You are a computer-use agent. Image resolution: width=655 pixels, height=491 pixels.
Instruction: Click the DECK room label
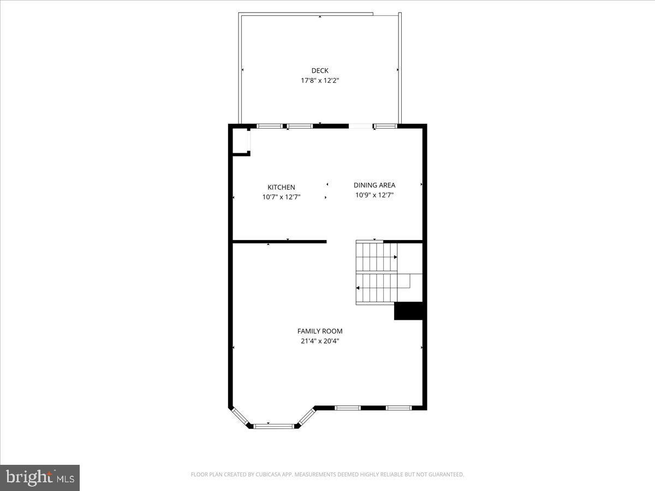[x=320, y=70]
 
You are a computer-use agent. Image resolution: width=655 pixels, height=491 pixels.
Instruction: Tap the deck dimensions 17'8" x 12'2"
[x=320, y=80]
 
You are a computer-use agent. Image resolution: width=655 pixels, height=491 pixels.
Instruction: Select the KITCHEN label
[x=281, y=187]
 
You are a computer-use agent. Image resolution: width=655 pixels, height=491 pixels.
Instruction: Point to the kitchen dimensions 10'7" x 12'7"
[x=281, y=197]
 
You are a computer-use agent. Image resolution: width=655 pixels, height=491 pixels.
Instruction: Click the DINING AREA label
[x=374, y=185]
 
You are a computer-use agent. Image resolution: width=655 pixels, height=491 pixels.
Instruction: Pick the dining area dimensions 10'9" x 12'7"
[x=374, y=195]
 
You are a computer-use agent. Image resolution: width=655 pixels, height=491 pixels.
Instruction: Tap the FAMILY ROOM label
[x=320, y=331]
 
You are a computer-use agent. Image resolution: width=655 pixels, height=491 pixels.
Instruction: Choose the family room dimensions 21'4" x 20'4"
[x=320, y=341]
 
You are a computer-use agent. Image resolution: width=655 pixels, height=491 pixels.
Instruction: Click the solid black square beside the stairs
[x=409, y=311]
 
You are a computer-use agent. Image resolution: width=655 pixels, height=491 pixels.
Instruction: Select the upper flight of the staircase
[x=377, y=256]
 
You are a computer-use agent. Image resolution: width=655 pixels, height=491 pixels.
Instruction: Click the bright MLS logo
[x=40, y=477]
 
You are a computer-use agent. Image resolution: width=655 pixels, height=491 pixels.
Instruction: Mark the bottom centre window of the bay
[x=274, y=426]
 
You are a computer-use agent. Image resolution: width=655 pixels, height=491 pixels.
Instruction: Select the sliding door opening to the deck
[x=360, y=127]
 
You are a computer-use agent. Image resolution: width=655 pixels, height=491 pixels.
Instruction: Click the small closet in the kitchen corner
[x=240, y=142]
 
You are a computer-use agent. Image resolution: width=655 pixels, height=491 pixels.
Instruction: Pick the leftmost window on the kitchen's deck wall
[x=270, y=127]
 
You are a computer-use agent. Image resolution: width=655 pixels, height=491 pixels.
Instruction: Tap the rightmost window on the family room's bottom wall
[x=398, y=408]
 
